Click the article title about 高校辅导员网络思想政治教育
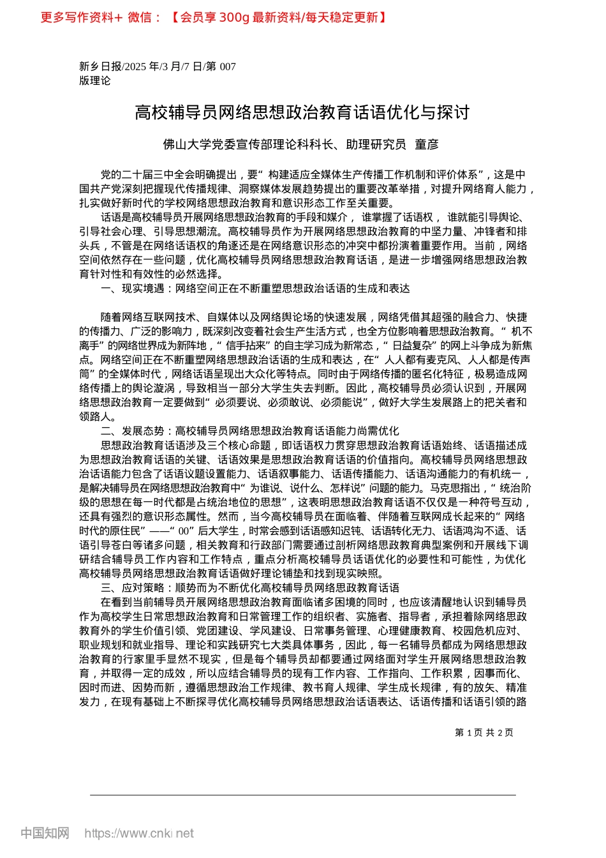302,113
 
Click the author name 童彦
427,145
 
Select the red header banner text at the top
214,17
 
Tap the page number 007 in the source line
228,66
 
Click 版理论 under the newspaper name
94,80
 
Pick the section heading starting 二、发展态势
250,431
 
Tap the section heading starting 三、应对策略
250,587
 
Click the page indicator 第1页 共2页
484,732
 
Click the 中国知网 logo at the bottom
45,833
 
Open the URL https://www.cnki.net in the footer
139,833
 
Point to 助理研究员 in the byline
376,145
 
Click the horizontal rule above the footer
302,795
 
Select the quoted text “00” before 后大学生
184,531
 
